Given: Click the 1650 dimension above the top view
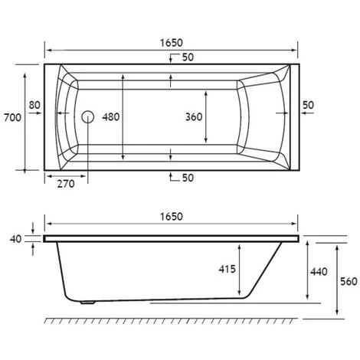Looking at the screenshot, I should [172, 43].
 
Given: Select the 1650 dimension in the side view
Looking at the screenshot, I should [172, 217].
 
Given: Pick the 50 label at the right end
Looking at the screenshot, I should [309, 104].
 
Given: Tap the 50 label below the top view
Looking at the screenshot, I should [188, 178].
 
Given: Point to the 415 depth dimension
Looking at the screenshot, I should [227, 270].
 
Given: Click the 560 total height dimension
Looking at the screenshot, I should [349, 281].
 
